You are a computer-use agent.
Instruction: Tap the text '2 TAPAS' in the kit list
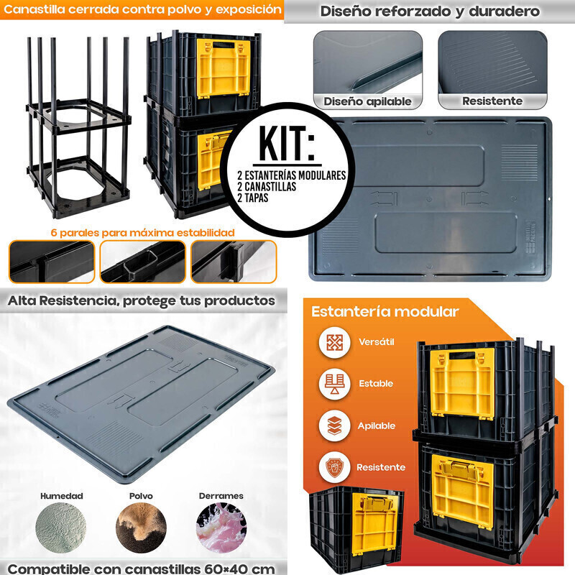tap(253, 198)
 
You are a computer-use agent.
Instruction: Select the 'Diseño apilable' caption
tap(367, 101)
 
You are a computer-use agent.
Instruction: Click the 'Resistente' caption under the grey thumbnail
tap(492, 101)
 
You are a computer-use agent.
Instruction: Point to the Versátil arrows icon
tap(334, 343)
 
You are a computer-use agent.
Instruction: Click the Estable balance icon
tap(334, 384)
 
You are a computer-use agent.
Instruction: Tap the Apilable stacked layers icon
tap(334, 425)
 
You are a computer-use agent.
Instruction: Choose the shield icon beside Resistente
tap(334, 468)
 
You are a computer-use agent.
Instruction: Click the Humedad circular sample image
tap(61, 528)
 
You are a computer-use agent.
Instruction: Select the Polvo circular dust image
tap(141, 528)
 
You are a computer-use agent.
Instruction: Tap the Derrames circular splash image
tap(221, 528)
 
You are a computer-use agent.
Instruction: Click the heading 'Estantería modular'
tap(385, 312)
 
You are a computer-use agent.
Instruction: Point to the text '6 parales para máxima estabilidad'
tap(142, 232)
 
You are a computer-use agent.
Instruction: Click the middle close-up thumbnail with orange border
tap(142, 262)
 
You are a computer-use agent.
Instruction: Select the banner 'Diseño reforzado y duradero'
tap(430, 11)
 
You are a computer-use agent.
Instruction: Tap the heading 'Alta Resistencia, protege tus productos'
tap(141, 300)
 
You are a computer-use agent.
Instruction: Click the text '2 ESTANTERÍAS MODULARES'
tap(292, 175)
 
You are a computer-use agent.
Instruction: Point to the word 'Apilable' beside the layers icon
tap(377, 425)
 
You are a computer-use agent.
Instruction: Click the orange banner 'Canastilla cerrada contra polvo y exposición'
tap(142, 9)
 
